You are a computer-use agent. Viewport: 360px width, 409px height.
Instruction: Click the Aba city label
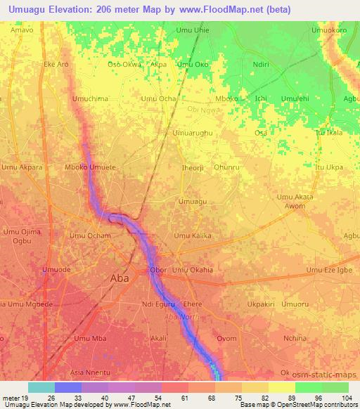(120, 278)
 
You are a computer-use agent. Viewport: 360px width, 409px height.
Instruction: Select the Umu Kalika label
(193, 236)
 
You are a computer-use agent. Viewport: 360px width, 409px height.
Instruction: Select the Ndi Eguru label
(156, 304)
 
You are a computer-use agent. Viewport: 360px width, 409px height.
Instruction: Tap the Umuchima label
(89, 99)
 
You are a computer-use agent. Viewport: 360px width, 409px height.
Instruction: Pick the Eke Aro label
(56, 65)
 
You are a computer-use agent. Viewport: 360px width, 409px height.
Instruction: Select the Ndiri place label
(261, 65)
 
